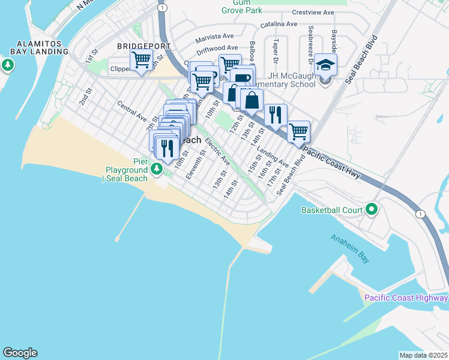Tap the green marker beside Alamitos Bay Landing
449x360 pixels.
(7, 64)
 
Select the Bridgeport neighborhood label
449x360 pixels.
(140, 46)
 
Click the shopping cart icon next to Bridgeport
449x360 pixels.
(140, 61)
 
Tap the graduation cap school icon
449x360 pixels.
(325, 65)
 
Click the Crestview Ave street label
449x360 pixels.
(313, 12)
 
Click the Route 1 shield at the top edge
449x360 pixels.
(163, 7)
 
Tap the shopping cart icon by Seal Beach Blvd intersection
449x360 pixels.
(298, 131)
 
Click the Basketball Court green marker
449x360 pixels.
(372, 210)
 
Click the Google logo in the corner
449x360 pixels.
(20, 353)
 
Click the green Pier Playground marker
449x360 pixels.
(157, 169)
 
